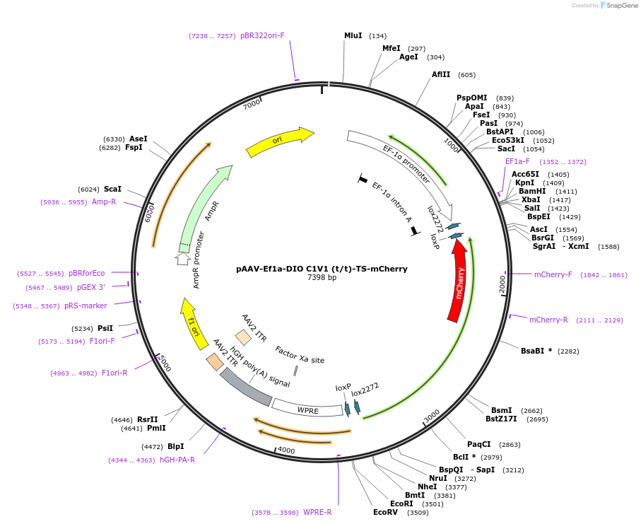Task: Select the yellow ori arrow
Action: pyautogui.click(x=280, y=141)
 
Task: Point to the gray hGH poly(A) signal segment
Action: pyautogui.click(x=245, y=388)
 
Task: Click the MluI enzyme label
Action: pyautogui.click(x=353, y=35)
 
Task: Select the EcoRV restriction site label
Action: pyautogui.click(x=385, y=512)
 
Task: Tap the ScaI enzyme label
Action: pyautogui.click(x=112, y=189)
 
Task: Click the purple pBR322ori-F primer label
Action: pyautogui.click(x=262, y=35)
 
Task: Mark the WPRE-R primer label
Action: pyautogui.click(x=317, y=512)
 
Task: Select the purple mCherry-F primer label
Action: pyautogui.click(x=553, y=274)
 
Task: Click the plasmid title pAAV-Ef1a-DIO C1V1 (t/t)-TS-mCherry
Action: pyautogui.click(x=322, y=269)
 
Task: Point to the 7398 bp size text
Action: pyautogui.click(x=322, y=278)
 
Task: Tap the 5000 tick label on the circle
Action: pyautogui.click(x=163, y=363)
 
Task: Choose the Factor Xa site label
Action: pyautogui.click(x=300, y=355)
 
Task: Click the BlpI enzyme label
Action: pyautogui.click(x=176, y=446)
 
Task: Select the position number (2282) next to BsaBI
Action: pyautogui.click(x=569, y=351)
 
